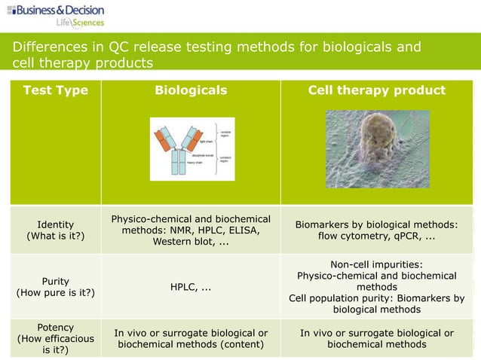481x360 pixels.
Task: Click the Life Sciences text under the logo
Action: (x=81, y=23)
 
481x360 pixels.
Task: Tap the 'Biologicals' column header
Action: (x=190, y=91)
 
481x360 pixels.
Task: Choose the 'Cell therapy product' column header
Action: (x=377, y=91)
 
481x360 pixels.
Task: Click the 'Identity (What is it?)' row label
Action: (x=55, y=230)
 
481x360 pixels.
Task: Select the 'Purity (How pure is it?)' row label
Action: (x=55, y=286)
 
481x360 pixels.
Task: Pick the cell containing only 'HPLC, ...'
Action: (x=190, y=287)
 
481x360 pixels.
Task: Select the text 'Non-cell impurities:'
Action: (x=376, y=264)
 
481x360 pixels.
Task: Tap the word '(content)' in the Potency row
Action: (x=240, y=345)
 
